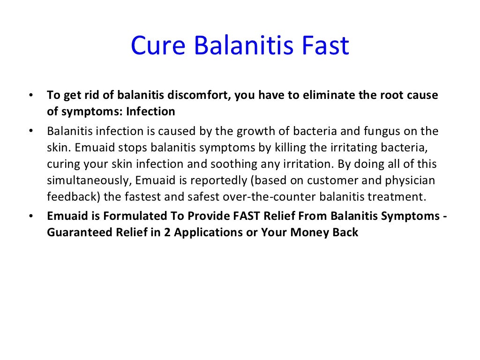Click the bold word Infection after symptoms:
151,112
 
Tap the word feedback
68,197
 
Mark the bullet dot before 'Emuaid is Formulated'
31,217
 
